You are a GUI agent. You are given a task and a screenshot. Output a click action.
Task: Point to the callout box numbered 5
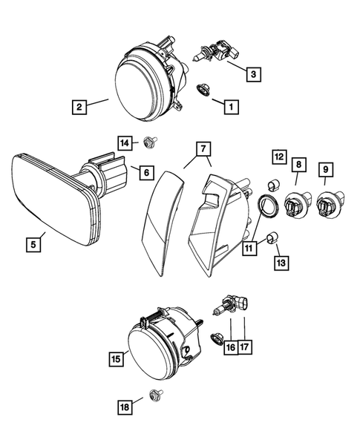click(33, 242)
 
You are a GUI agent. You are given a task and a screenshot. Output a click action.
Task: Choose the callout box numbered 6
click(145, 173)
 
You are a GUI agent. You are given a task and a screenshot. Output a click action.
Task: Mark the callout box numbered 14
click(125, 142)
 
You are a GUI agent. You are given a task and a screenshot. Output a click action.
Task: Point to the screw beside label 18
click(156, 395)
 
